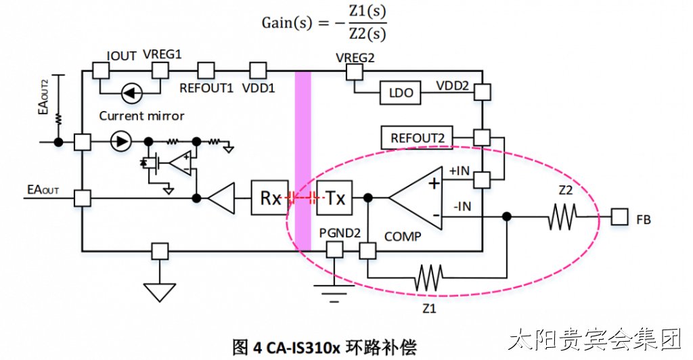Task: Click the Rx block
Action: pyautogui.click(x=269, y=198)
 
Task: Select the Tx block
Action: pyautogui.click(x=334, y=198)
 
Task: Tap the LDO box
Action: pyautogui.click(x=401, y=93)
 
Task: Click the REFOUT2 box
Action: pyautogui.click(x=417, y=138)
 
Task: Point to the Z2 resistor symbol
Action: pyautogui.click(x=562, y=217)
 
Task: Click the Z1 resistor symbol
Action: pyautogui.click(x=428, y=278)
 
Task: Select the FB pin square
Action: pyautogui.click(x=620, y=217)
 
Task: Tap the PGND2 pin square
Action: pyautogui.click(x=334, y=251)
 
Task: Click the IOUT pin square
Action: pyautogui.click(x=101, y=70)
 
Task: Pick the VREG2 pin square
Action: pyautogui.click(x=355, y=72)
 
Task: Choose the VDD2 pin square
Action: pyautogui.click(x=482, y=93)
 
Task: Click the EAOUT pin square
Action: pyautogui.click(x=82, y=198)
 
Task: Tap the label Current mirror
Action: pyautogui.click(x=141, y=116)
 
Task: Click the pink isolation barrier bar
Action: pyautogui.click(x=303, y=161)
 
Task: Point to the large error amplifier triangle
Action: pyautogui.click(x=416, y=198)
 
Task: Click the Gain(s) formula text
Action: pyautogui.click(x=324, y=23)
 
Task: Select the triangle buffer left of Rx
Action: pyautogui.click(x=221, y=198)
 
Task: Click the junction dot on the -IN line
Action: pyautogui.click(x=507, y=217)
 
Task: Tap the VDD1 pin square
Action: pyautogui.click(x=258, y=70)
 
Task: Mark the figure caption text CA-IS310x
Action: pyautogui.click(x=303, y=348)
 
